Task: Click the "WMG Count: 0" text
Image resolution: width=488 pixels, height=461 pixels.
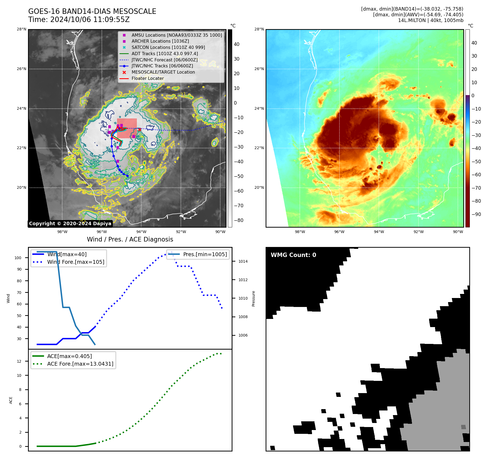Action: click(293, 255)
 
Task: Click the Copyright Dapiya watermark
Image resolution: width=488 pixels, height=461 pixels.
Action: click(70, 224)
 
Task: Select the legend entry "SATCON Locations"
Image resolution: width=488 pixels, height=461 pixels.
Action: click(168, 48)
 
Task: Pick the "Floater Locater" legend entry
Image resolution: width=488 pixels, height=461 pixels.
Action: click(148, 79)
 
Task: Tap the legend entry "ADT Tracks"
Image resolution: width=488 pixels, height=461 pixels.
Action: click(165, 54)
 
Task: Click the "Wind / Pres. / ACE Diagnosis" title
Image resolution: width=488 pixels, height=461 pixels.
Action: click(130, 239)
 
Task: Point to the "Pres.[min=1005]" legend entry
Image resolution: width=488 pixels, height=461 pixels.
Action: click(205, 255)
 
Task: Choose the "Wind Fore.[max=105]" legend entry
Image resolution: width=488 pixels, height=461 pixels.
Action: click(75, 262)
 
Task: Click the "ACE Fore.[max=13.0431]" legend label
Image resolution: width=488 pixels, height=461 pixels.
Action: click(80, 364)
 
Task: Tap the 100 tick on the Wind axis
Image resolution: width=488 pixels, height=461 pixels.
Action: click(18, 258)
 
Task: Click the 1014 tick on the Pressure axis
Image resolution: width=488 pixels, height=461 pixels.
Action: click(243, 262)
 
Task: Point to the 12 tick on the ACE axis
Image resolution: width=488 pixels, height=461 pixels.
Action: click(19, 361)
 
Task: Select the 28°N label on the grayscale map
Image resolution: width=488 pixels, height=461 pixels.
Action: click(21, 29)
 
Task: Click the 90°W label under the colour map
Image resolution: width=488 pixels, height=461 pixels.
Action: click(458, 232)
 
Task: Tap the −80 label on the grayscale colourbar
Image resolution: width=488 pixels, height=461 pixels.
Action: click(239, 220)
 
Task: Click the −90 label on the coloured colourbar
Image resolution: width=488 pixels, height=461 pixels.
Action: click(476, 214)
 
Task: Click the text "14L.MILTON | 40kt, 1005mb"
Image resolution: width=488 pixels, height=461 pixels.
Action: click(430, 20)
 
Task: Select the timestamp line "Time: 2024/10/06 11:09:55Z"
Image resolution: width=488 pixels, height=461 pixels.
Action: click(79, 20)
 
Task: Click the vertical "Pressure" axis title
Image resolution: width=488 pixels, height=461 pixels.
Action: click(254, 299)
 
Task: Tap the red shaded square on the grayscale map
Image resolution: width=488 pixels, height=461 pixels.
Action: click(127, 128)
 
